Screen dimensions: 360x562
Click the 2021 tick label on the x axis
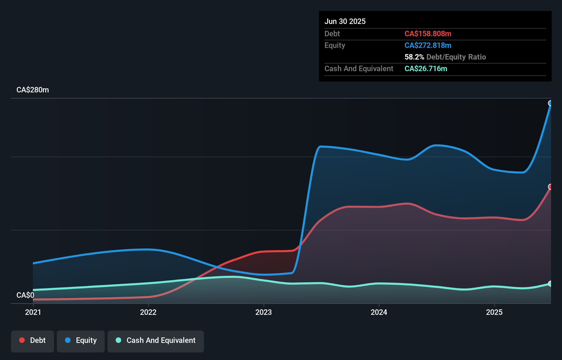(x=33, y=312)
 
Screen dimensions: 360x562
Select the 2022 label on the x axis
(x=148, y=312)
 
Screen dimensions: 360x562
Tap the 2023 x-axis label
(x=264, y=312)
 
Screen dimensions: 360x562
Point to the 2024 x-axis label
(x=379, y=312)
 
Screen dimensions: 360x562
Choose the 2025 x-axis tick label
(x=494, y=312)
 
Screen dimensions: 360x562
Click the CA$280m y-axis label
(x=33, y=90)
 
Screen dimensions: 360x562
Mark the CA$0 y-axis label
(x=25, y=295)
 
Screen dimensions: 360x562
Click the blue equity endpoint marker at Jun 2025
(x=550, y=103)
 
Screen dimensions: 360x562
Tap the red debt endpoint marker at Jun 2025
(x=550, y=187)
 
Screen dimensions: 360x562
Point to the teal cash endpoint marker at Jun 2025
(x=550, y=284)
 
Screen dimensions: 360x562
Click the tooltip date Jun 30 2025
(x=345, y=22)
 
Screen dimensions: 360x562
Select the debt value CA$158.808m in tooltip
(x=428, y=34)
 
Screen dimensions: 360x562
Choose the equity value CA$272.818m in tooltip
(x=428, y=46)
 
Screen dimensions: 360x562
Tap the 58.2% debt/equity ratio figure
(x=414, y=57)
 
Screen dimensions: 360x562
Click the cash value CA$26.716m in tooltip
(x=426, y=69)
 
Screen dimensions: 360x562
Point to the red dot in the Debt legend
(x=22, y=340)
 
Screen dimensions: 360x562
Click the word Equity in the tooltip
(x=335, y=46)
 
